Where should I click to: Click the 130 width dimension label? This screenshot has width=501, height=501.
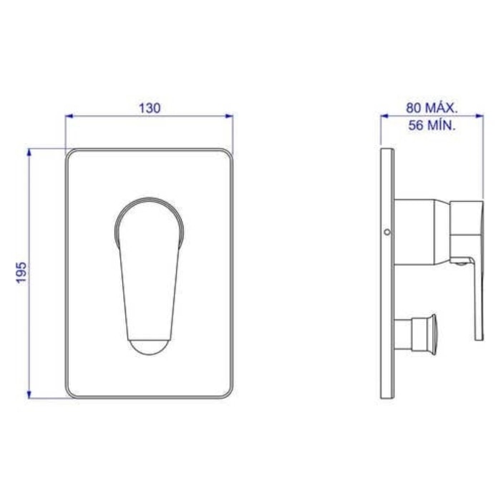pos(150,108)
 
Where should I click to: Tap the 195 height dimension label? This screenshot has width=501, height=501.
pos(21,273)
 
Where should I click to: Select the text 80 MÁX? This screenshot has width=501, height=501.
pos(432,108)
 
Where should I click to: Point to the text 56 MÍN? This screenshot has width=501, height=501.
pos(432,125)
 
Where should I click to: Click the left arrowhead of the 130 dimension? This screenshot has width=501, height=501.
pos(69,116)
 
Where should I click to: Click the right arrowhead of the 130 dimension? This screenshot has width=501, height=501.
pos(229,116)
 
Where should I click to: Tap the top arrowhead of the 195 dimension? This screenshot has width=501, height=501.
pos(29,152)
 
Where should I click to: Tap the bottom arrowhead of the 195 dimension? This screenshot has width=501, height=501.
pos(29,394)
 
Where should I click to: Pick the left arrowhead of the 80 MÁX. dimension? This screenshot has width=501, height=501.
pos(385,116)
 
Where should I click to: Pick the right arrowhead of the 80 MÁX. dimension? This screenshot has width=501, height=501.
pos(480,116)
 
